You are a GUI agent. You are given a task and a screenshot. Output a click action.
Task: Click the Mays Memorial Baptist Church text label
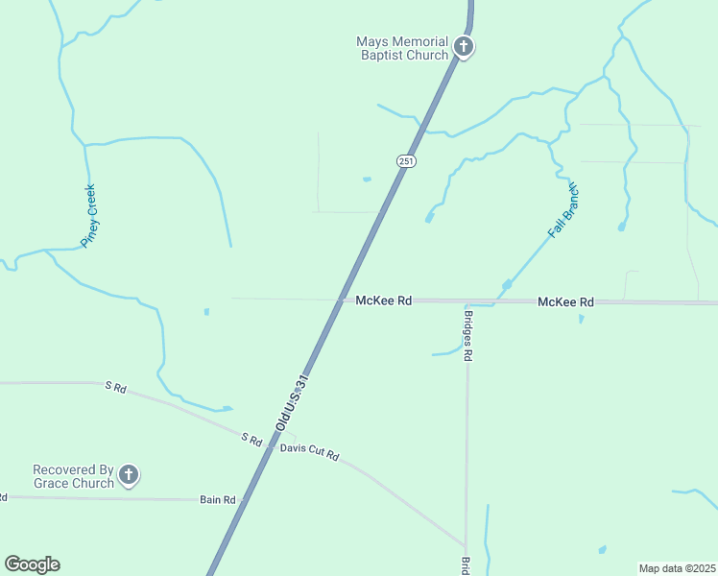click(402, 48)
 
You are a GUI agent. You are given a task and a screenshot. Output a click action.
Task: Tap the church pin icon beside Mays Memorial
click(463, 46)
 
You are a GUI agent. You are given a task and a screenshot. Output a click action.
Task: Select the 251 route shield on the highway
click(406, 161)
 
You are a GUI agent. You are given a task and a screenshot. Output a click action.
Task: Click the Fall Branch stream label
click(564, 208)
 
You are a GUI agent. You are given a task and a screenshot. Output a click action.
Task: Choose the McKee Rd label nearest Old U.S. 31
click(383, 300)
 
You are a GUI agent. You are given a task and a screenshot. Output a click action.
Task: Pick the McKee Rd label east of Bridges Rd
click(565, 301)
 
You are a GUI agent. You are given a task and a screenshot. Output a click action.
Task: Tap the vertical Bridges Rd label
click(468, 335)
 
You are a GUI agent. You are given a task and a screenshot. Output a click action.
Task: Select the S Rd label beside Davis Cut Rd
click(251, 439)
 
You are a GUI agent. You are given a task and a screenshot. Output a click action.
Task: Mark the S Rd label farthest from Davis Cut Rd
click(115, 387)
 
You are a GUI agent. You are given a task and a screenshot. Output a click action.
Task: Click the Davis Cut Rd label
click(309, 449)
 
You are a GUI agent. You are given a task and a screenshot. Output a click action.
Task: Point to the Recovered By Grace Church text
click(73, 476)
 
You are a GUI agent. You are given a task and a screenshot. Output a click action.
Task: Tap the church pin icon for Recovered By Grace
click(129, 474)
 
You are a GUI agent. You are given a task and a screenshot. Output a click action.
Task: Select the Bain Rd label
click(218, 499)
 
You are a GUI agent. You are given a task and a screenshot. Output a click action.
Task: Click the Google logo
click(32, 564)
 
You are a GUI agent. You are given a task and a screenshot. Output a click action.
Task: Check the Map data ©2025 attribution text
click(677, 568)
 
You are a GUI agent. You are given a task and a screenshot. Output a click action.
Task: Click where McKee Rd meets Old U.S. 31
click(341, 300)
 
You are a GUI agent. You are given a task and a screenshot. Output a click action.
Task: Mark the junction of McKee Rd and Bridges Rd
click(467, 301)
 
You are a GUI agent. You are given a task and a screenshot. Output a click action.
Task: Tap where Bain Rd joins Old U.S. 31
click(244, 499)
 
